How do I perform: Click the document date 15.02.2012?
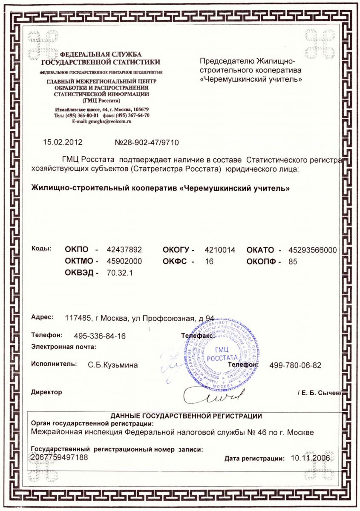[63, 142]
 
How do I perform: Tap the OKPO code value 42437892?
[124, 250]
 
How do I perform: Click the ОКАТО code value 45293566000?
[313, 250]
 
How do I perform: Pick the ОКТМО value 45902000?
[124, 261]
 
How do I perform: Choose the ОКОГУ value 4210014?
[220, 250]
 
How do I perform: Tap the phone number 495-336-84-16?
[100, 336]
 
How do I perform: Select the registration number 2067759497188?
[60, 457]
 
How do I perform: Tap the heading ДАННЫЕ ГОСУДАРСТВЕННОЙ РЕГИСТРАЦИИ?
[186, 416]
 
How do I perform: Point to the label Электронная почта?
[64, 347]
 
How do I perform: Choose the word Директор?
[46, 392]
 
